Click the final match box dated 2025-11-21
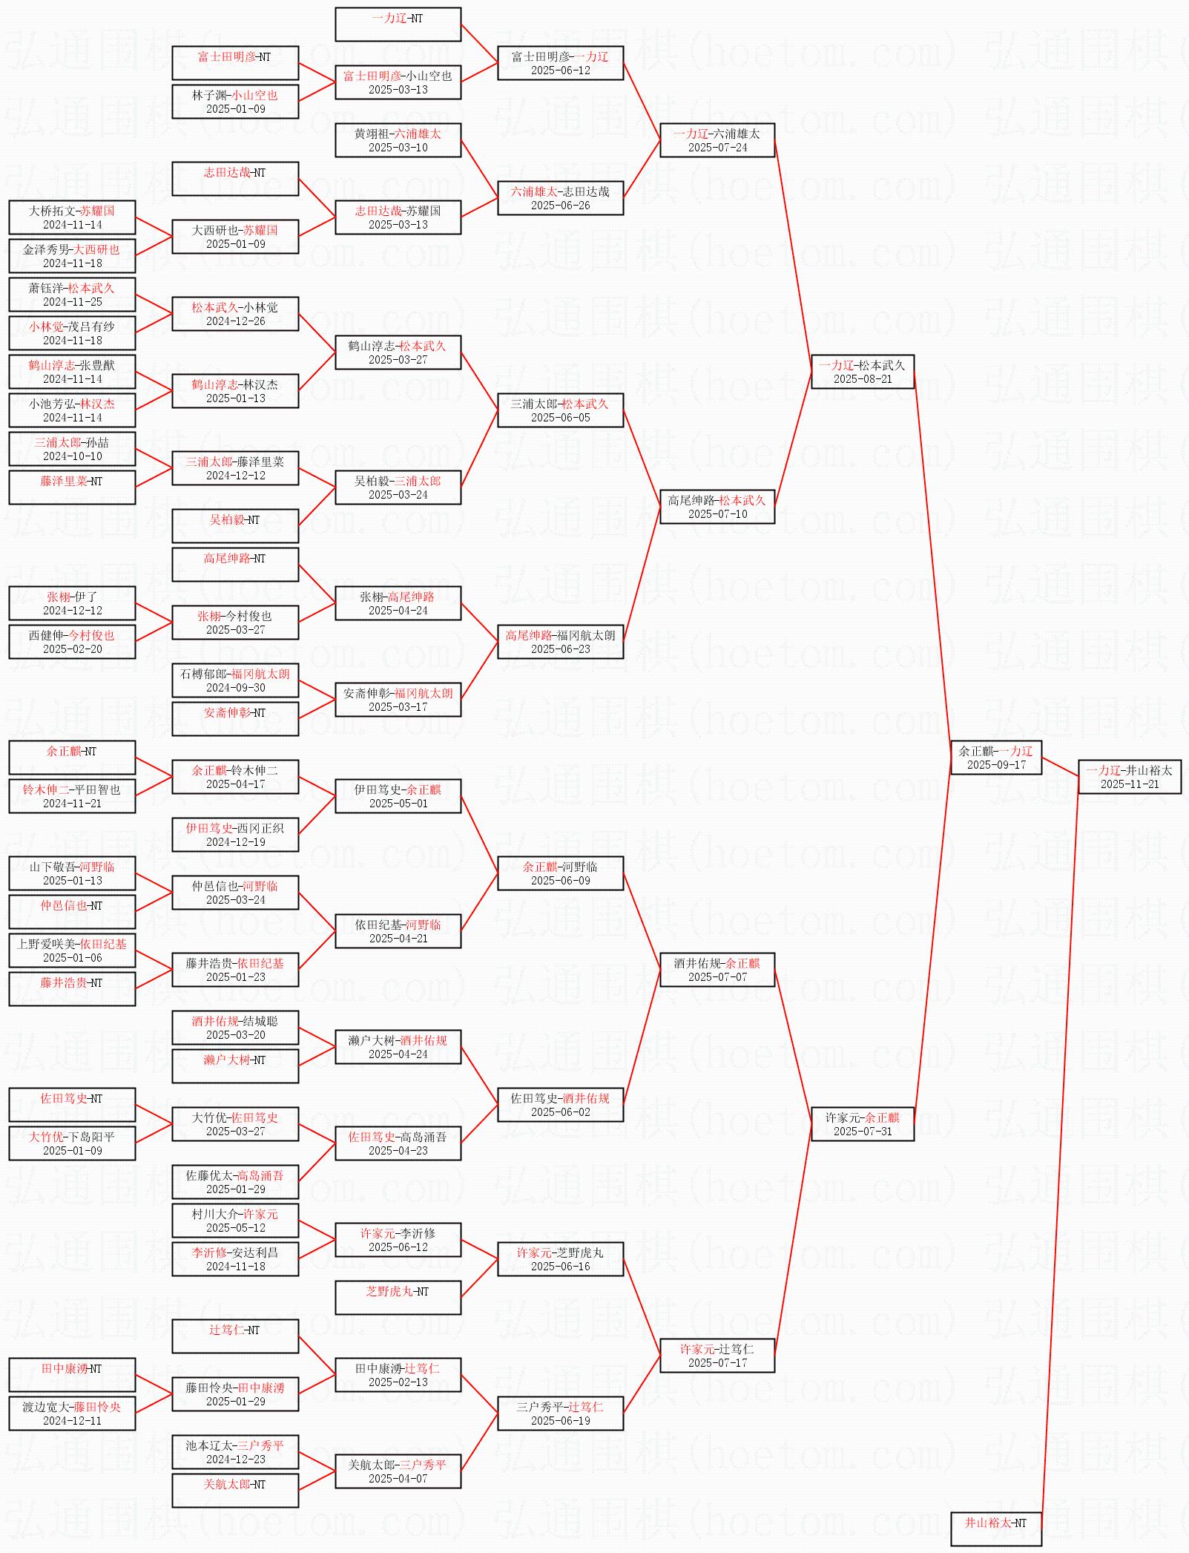coord(1129,777)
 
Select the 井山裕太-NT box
coord(995,1529)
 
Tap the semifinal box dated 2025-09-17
coord(996,758)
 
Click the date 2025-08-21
coord(863,379)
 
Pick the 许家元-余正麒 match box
coord(863,1124)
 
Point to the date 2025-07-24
coord(717,148)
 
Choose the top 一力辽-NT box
coord(398,24)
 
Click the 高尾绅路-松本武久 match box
coord(717,507)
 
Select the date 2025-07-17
coord(717,1363)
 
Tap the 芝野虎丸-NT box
coord(398,1298)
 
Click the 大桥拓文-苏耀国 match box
coord(72,217)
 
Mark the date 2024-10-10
coord(72,456)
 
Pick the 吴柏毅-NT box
coord(235,526)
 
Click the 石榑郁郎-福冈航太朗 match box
coord(235,680)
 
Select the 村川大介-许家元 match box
coord(235,1221)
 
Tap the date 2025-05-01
coord(398,804)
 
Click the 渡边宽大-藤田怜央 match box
coord(72,1414)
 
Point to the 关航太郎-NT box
coord(235,1491)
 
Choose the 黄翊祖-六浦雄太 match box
coord(398,140)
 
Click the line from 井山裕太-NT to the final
coord(1060,1153)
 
